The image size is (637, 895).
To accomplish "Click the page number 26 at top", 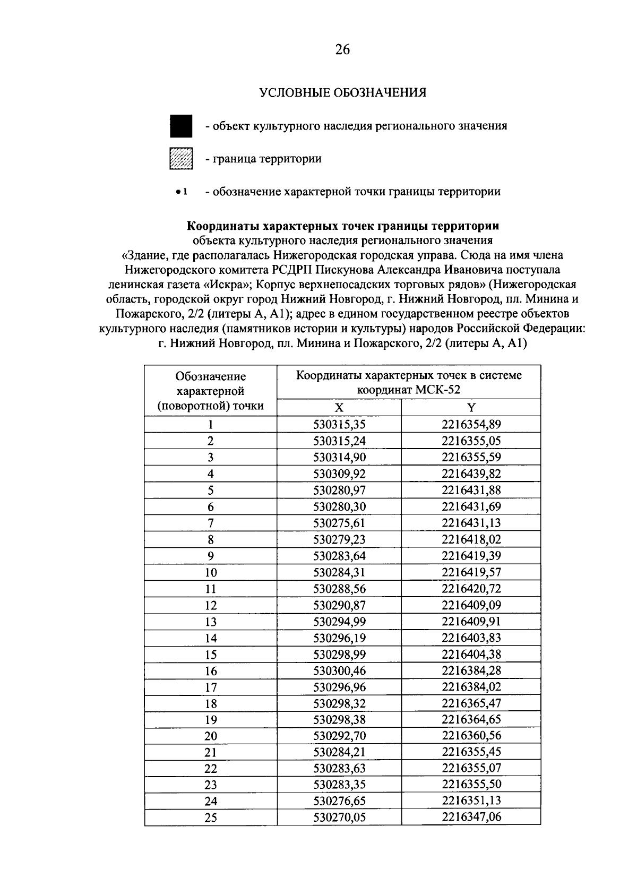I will coord(342,50).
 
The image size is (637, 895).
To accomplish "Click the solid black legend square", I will coord(181,126).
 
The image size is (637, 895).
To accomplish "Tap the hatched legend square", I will coord(181,158).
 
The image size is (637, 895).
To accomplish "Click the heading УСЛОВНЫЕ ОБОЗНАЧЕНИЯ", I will coord(342,93).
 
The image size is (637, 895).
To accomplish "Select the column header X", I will coord(339,408).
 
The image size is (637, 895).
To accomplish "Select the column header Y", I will coord(471,408).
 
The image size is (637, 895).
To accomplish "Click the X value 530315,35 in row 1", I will coord(339,424).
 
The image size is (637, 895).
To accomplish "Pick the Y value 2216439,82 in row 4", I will coord(471,474).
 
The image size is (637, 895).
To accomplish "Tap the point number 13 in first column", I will coord(211,622).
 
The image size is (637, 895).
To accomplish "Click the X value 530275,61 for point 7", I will coord(339,523).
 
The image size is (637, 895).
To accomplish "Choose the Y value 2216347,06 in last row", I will coord(471,817).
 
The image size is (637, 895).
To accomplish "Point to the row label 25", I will coord(211,817).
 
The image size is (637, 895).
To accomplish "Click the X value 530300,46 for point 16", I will coord(339,670).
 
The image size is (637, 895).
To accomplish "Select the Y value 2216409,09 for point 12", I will coord(471,605).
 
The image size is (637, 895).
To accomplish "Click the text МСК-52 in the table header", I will coord(437,390).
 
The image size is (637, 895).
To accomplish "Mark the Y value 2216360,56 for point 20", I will coord(471,736).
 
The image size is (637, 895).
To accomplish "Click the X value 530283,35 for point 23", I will coord(339,785).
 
